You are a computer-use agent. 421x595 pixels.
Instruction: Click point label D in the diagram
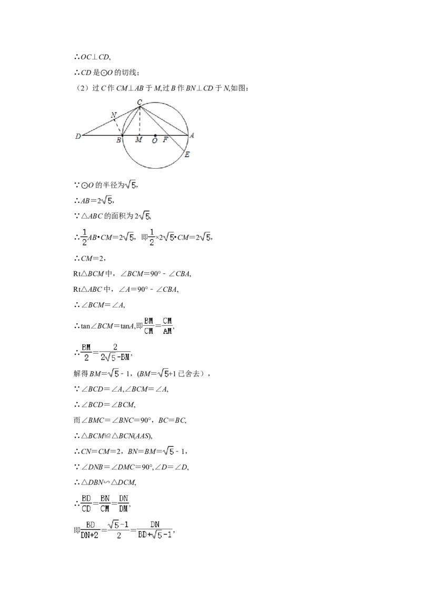point(78,136)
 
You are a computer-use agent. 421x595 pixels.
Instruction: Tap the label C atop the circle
point(139,102)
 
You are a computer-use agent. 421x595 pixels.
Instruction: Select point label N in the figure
point(114,115)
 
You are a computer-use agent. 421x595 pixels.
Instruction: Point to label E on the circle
point(187,155)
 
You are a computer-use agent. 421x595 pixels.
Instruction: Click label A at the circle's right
point(192,136)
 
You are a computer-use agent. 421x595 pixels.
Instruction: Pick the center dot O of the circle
point(155,135)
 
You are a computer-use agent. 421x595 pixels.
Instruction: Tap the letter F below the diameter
point(165,140)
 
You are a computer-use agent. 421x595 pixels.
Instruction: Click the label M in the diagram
point(139,140)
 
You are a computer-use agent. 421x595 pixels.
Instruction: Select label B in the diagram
point(118,140)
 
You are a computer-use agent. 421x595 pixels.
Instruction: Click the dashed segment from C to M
point(140,121)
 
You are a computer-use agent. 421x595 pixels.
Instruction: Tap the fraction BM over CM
point(148,326)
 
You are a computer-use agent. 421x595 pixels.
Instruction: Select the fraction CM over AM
point(167,326)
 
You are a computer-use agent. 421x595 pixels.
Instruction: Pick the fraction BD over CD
point(86,503)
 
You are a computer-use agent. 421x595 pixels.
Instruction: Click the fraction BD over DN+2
point(90,530)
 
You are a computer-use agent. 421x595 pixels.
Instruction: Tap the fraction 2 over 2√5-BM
point(115,352)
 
